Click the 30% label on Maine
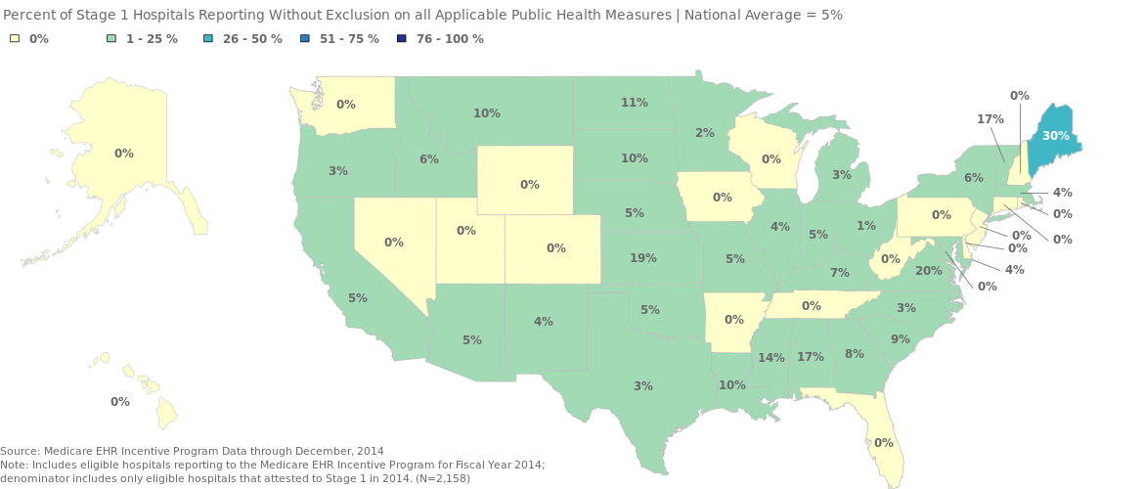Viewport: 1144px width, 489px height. pos(1055,136)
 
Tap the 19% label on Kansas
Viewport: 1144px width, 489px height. pos(643,258)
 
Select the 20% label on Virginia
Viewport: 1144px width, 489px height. pos(929,271)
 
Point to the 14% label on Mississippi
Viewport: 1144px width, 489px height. pos(771,358)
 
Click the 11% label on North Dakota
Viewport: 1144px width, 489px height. pos(635,102)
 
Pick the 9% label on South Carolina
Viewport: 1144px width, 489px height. pos(900,339)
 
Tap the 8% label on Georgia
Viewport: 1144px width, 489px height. pos(855,354)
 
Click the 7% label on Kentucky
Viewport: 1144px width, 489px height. pos(840,273)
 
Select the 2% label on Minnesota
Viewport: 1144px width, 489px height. pos(705,133)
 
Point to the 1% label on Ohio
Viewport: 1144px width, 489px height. pos(866,226)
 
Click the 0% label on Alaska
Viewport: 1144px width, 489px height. pos(124,154)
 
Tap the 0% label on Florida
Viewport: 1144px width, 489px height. pos(884,443)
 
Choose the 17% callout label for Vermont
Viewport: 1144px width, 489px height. pos(990,118)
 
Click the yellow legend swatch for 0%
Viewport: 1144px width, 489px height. pos(15,39)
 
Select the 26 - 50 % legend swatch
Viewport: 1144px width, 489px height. pos(209,39)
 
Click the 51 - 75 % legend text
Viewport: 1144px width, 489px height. pos(349,39)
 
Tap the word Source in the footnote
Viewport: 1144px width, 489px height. pos(20,451)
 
